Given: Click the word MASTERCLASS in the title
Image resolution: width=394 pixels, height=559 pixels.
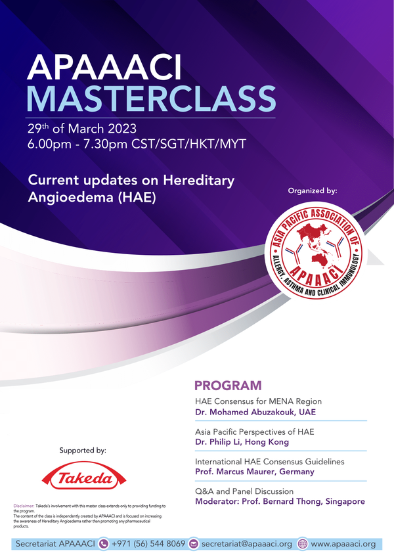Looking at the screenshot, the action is (x=151, y=99).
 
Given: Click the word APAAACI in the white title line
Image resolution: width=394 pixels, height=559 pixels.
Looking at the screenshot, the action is (x=104, y=68).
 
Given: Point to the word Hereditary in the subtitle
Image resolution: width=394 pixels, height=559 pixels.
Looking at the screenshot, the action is (x=199, y=181).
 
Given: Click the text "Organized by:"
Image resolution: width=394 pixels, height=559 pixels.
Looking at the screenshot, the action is (x=313, y=190).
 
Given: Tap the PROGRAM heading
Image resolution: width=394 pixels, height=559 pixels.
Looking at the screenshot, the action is (x=228, y=386).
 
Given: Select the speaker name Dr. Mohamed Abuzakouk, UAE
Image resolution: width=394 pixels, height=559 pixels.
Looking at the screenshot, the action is (x=255, y=412).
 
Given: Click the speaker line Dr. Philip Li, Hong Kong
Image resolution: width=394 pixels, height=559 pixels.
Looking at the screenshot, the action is (x=242, y=442).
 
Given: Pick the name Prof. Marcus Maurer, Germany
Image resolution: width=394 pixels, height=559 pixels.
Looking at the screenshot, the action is (x=255, y=472).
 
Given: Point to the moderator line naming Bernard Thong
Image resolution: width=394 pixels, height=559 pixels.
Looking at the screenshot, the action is (x=280, y=502).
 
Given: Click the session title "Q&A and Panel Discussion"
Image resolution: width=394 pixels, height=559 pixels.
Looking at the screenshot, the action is (x=244, y=491).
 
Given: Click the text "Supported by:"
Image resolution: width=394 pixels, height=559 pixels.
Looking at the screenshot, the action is (x=83, y=451).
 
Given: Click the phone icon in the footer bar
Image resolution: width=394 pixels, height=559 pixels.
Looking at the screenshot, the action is (x=103, y=544).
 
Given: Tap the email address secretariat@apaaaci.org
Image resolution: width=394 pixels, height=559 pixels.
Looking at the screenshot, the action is (x=247, y=544).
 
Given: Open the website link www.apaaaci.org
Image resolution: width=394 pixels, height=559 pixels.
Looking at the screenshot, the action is (x=343, y=544).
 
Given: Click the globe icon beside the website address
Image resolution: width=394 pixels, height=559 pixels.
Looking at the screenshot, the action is (x=303, y=544).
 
